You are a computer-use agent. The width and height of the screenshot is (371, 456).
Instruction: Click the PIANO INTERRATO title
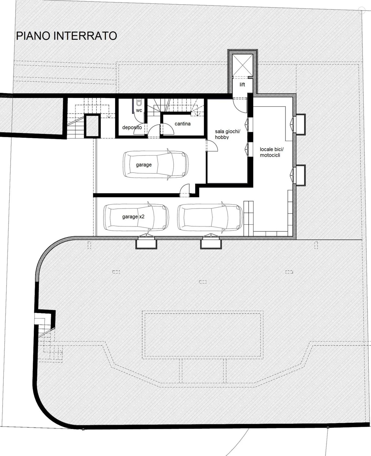66,36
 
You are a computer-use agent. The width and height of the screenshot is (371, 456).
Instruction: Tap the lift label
242,85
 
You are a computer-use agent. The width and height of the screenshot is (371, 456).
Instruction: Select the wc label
139,110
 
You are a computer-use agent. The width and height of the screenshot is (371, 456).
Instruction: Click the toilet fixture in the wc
139,103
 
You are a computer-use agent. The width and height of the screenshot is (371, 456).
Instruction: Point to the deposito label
132,127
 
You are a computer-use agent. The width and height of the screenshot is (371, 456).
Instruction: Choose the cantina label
182,124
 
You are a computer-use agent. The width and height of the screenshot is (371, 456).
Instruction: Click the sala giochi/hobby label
227,134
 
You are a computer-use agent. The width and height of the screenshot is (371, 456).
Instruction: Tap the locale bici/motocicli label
271,152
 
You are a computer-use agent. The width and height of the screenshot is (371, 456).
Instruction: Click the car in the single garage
156,164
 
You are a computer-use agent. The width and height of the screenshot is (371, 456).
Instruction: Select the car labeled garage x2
136,217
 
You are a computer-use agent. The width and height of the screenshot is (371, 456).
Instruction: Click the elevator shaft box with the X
242,65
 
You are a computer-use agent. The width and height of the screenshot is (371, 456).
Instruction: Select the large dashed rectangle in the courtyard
203,335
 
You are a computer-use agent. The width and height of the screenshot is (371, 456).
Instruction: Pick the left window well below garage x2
146,242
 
